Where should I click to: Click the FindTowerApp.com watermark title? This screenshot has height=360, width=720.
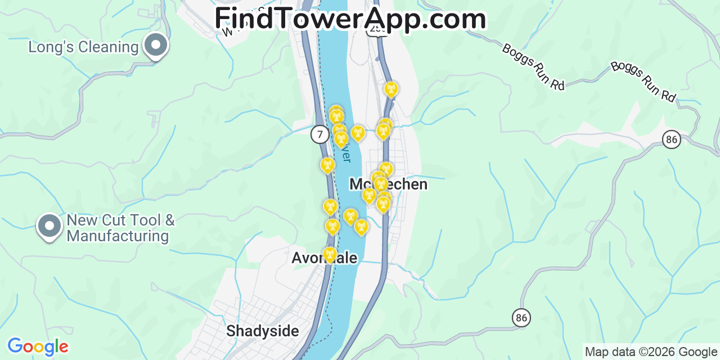350,18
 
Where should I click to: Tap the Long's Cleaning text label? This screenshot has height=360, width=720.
83,47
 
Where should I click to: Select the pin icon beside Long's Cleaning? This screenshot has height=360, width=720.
156,45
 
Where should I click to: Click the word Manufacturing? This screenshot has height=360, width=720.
118,236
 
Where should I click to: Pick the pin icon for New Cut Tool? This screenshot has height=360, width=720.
49,226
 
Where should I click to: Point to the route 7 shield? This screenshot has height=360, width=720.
319,134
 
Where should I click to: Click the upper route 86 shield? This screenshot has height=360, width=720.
671,139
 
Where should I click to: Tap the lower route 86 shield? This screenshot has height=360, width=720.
521,318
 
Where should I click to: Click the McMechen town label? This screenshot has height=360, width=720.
388,184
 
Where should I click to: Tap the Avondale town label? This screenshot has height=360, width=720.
325,258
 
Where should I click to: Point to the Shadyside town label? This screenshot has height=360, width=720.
263,331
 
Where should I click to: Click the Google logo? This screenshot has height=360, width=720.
37,346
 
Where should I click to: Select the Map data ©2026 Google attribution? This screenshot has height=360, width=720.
651,352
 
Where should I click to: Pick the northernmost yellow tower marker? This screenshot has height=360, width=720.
390,89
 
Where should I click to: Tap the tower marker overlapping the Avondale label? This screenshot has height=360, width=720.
330,255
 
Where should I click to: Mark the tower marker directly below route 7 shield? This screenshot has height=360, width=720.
327,165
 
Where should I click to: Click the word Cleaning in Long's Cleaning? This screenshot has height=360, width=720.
109,47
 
